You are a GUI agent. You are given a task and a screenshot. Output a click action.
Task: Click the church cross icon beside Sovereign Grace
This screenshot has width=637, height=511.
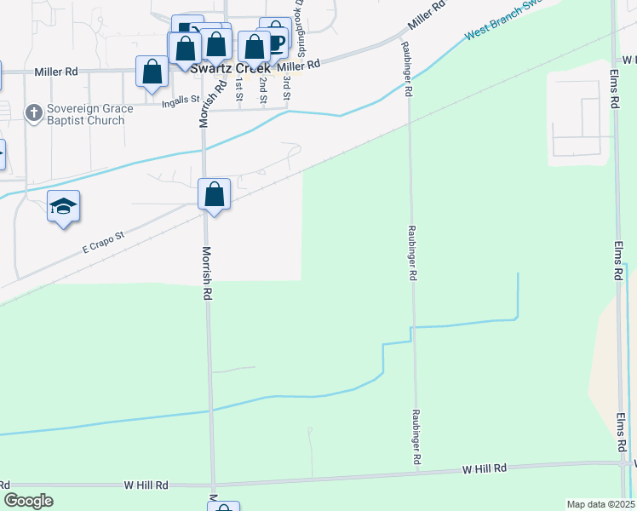(x=33, y=112)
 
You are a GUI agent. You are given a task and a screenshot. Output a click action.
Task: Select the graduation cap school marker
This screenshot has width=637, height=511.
(x=63, y=207)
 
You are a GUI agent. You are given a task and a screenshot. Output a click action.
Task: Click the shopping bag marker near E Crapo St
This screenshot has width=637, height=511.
(x=215, y=194)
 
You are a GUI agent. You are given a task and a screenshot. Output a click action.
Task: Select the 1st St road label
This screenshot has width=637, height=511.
(x=239, y=89)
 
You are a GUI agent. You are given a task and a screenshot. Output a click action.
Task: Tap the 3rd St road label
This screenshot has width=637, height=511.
(x=287, y=88)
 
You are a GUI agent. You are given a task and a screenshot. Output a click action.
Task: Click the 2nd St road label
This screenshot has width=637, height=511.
(x=263, y=89)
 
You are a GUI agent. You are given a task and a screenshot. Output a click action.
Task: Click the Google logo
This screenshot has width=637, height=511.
(x=28, y=500)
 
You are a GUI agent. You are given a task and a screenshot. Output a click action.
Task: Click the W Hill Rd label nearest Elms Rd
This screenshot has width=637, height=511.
(x=485, y=468)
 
